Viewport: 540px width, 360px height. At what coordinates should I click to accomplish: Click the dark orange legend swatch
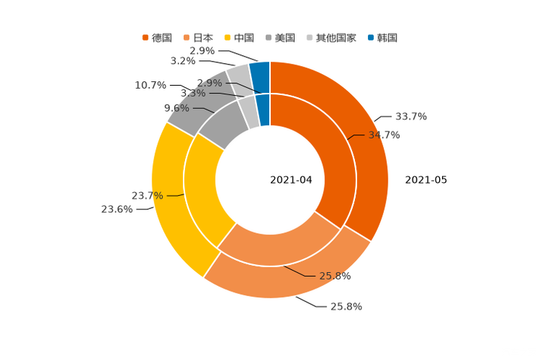coord(145,37)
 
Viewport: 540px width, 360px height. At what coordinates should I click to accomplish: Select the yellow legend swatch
coord(227,37)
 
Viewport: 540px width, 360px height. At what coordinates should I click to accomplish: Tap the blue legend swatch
coord(371,37)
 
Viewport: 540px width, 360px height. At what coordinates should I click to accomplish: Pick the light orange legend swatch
coord(187,37)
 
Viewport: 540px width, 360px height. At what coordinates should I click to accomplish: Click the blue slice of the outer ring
coord(261,72)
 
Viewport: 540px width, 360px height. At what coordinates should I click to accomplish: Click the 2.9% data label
coord(209,83)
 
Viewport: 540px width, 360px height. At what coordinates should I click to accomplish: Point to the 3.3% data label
coord(192,94)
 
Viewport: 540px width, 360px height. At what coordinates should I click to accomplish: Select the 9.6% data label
coord(176,108)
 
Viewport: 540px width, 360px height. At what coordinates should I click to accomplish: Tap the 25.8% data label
coord(335,276)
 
